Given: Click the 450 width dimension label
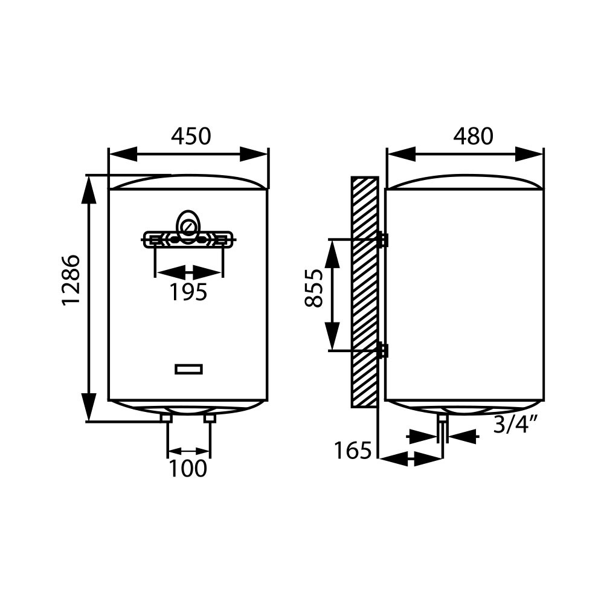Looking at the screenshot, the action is (x=191, y=136).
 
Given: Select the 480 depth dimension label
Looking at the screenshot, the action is (x=473, y=136).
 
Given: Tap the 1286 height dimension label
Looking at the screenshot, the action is (x=71, y=280).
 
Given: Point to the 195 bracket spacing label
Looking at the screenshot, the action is (x=188, y=292).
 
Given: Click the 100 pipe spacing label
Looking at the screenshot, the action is (x=188, y=469).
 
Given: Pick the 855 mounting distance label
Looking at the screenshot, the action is (x=313, y=288).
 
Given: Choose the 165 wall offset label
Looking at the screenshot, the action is (x=353, y=451).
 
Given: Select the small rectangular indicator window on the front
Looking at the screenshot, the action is (x=188, y=369).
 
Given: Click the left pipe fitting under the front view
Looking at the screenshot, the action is (x=166, y=419).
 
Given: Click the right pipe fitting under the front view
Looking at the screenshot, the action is (x=210, y=419).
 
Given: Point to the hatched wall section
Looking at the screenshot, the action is (x=365, y=292).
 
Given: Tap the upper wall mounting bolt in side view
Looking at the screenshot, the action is (x=383, y=240).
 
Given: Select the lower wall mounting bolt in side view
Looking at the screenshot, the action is (x=383, y=350).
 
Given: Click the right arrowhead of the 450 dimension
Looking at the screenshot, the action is (x=254, y=155).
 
